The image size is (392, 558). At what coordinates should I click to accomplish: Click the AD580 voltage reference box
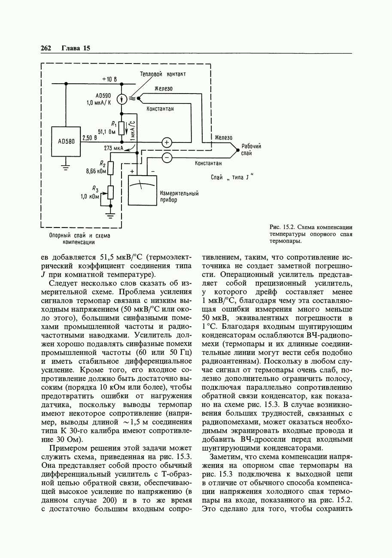(66, 142)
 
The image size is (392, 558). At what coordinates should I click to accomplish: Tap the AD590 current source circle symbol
(122, 99)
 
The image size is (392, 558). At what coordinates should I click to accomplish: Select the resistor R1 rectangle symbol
(122, 128)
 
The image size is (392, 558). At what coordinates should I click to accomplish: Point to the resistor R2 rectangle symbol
(111, 168)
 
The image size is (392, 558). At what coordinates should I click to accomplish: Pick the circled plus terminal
(167, 142)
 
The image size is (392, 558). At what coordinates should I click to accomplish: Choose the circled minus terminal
(167, 158)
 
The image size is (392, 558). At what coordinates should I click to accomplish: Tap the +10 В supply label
(109, 79)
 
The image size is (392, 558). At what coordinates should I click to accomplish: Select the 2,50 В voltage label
(90, 138)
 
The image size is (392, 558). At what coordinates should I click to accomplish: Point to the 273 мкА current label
(113, 148)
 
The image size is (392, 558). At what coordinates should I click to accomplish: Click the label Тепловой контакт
(163, 74)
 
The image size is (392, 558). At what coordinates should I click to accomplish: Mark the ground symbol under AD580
(66, 167)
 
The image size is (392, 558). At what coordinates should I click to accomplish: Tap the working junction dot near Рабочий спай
(237, 149)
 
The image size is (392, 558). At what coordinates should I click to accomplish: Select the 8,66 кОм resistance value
(96, 171)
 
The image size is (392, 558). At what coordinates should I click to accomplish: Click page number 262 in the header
(46, 48)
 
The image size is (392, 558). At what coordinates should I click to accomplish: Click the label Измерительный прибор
(179, 197)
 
